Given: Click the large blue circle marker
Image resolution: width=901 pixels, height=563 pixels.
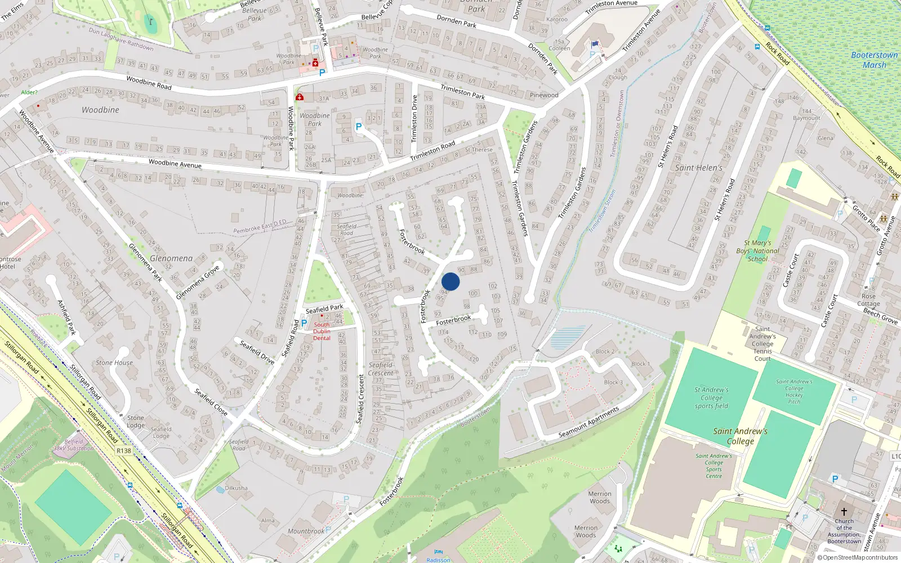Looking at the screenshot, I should [x=450, y=281].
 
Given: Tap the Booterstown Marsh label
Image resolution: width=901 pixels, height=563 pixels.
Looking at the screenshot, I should [x=874, y=60].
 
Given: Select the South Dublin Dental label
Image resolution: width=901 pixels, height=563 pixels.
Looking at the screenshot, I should [x=322, y=331].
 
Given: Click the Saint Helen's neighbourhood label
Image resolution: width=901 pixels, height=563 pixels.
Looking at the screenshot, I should [x=698, y=168].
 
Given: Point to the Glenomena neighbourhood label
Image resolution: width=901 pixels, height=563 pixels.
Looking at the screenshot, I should [x=171, y=258].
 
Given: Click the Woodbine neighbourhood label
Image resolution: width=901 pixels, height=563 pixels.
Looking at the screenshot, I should [x=100, y=110].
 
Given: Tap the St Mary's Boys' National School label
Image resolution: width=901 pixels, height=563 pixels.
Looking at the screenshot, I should [x=757, y=251].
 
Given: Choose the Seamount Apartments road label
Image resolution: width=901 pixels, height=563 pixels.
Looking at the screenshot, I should [x=588, y=422].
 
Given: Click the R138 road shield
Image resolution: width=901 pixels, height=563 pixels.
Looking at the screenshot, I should [x=123, y=450].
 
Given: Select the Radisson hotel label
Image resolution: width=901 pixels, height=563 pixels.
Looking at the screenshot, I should [x=438, y=560].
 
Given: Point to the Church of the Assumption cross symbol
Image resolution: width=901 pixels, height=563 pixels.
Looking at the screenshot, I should [x=844, y=512].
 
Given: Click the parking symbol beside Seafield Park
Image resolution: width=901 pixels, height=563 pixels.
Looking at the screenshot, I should [x=305, y=323].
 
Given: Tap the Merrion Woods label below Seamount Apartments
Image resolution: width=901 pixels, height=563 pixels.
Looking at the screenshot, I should [x=600, y=497].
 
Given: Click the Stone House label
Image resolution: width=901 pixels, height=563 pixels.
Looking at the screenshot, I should [x=114, y=363].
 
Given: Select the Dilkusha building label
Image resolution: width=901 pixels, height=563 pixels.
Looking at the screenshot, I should [x=236, y=488].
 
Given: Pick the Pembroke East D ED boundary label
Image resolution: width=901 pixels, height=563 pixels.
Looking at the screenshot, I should [x=260, y=226].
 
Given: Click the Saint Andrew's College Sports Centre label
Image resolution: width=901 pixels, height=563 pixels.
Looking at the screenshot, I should [x=713, y=466].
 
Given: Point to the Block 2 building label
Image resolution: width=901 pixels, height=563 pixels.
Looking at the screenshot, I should [x=605, y=351].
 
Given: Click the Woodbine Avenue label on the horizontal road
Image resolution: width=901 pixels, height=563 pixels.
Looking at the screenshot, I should [x=175, y=164].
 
